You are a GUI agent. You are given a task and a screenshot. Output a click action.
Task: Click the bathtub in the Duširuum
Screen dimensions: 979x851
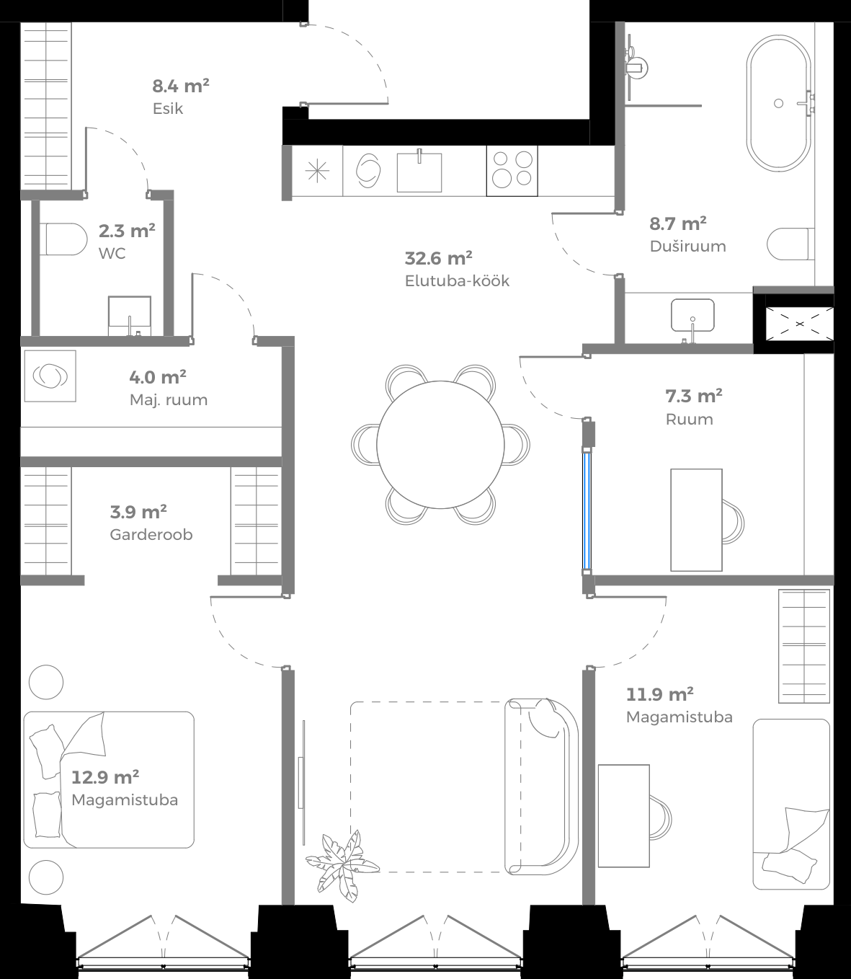pyautogui.click(x=778, y=103)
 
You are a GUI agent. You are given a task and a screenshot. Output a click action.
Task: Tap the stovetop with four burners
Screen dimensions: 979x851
pyautogui.click(x=512, y=170)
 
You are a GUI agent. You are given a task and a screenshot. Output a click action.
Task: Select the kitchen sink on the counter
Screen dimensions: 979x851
pyautogui.click(x=419, y=171)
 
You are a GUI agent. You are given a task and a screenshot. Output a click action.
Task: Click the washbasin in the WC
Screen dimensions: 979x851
pyautogui.click(x=130, y=314)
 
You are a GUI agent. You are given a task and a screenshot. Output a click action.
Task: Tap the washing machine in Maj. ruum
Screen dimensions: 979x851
pyautogui.click(x=50, y=376)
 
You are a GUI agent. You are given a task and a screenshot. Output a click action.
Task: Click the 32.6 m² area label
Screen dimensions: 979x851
pyautogui.click(x=438, y=258)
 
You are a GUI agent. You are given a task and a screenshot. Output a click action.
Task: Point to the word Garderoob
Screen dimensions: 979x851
pyautogui.click(x=151, y=535)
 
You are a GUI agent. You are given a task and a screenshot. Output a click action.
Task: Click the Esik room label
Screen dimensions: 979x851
pyautogui.click(x=168, y=109)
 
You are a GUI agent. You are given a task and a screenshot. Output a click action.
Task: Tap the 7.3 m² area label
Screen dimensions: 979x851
pyautogui.click(x=694, y=396)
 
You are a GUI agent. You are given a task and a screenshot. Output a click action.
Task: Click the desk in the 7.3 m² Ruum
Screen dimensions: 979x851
pyautogui.click(x=696, y=519)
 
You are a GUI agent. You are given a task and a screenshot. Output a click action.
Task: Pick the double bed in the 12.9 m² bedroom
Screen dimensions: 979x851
pyautogui.click(x=109, y=779)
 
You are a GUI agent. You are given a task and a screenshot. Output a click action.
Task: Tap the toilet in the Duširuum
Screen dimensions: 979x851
pyautogui.click(x=790, y=244)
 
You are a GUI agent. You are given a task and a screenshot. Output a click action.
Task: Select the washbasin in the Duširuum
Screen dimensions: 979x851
pyautogui.click(x=692, y=315)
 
